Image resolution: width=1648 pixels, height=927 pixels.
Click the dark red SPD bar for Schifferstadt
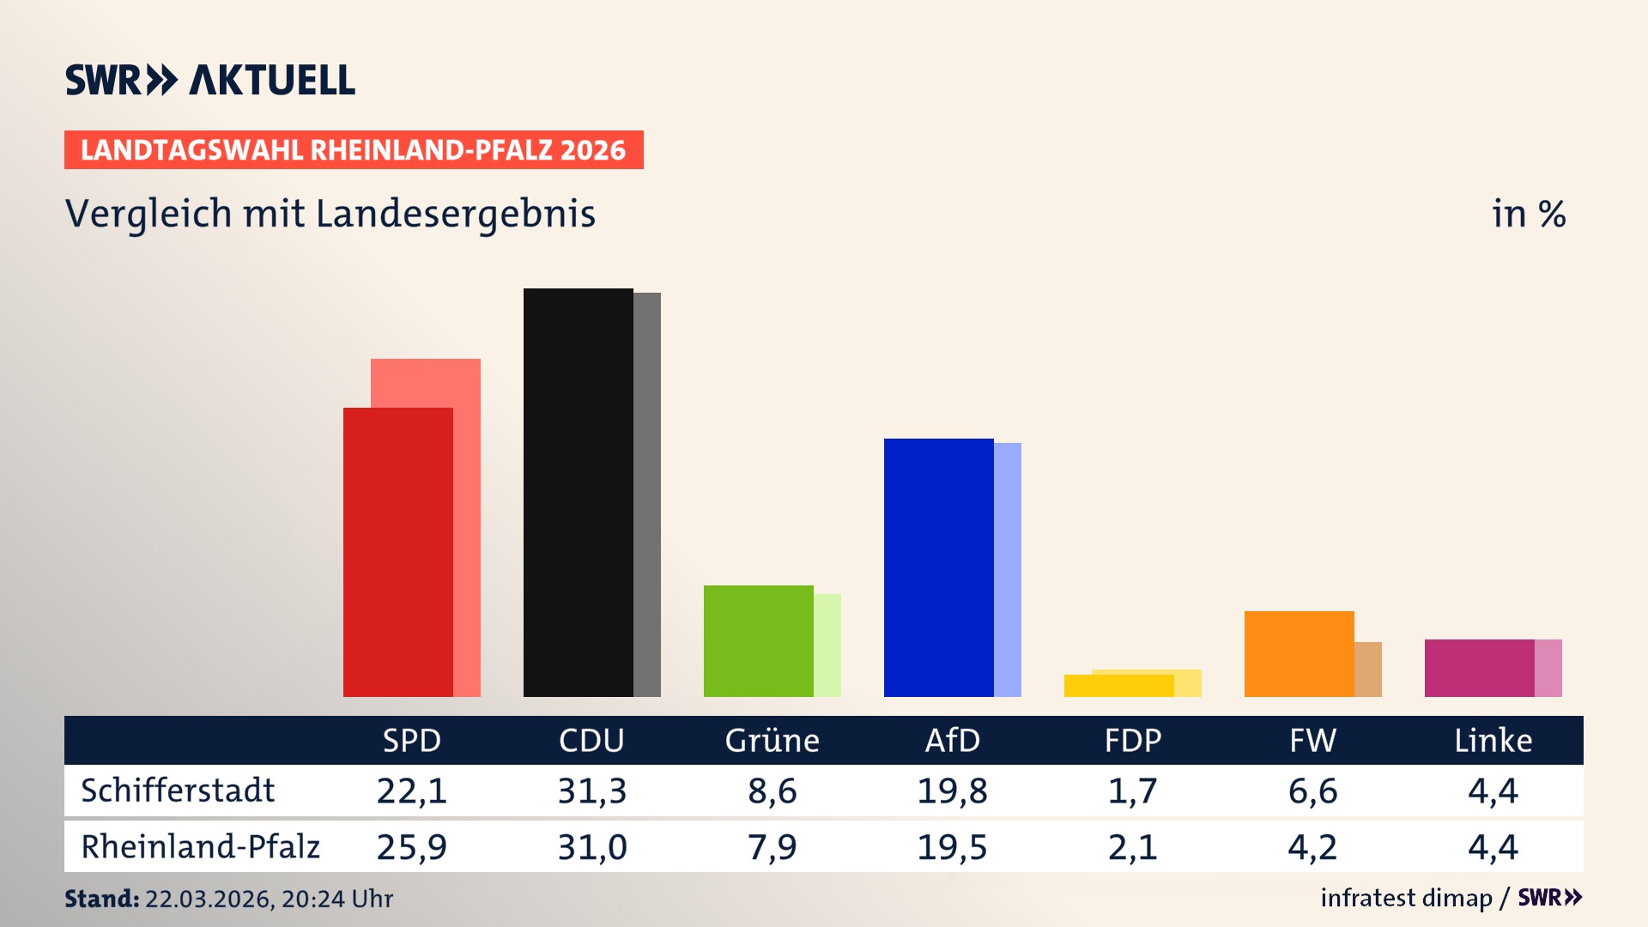coord(397,552)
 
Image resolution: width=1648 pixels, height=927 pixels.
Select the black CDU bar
coord(578,492)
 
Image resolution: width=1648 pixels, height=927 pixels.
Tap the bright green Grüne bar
coord(758,640)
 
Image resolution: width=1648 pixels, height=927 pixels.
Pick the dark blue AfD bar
coord(938,567)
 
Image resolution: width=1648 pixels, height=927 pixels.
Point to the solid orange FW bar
coord(1299,653)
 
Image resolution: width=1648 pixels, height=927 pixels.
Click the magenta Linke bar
coord(1479,668)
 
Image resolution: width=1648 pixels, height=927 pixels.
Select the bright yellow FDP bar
coord(1118,686)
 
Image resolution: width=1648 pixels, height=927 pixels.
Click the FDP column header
coord(1132,740)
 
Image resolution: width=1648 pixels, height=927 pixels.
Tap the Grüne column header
coord(772,740)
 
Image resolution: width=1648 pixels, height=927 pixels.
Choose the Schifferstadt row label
coord(178,791)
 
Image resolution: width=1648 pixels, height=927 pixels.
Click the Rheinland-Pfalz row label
coord(200,846)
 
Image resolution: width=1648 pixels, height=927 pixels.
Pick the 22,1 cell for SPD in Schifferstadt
coord(412,791)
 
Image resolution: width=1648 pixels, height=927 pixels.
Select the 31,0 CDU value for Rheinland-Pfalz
coord(592,847)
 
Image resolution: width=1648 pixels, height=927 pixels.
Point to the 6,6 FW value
coord(1312,791)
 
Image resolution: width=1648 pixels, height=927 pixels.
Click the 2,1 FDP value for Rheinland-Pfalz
coord(1132,847)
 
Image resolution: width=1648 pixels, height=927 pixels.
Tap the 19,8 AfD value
coord(952,791)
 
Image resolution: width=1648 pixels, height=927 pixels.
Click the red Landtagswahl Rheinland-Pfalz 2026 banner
coord(354,150)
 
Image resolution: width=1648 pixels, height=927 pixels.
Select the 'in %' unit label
coord(1528,214)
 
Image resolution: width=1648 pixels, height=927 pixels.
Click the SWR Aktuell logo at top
coord(210,80)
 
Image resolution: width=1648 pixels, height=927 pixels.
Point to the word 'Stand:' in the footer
coord(101,899)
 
